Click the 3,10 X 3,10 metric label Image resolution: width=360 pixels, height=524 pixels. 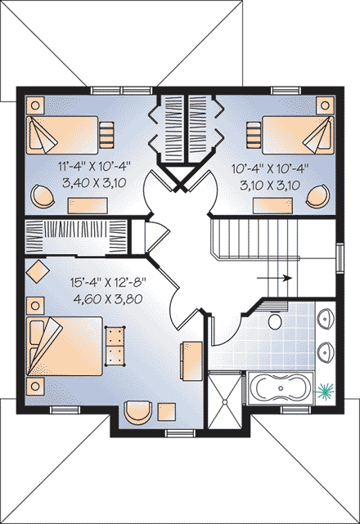(x=268, y=185)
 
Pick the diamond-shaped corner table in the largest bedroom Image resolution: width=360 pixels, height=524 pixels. (x=36, y=270)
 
